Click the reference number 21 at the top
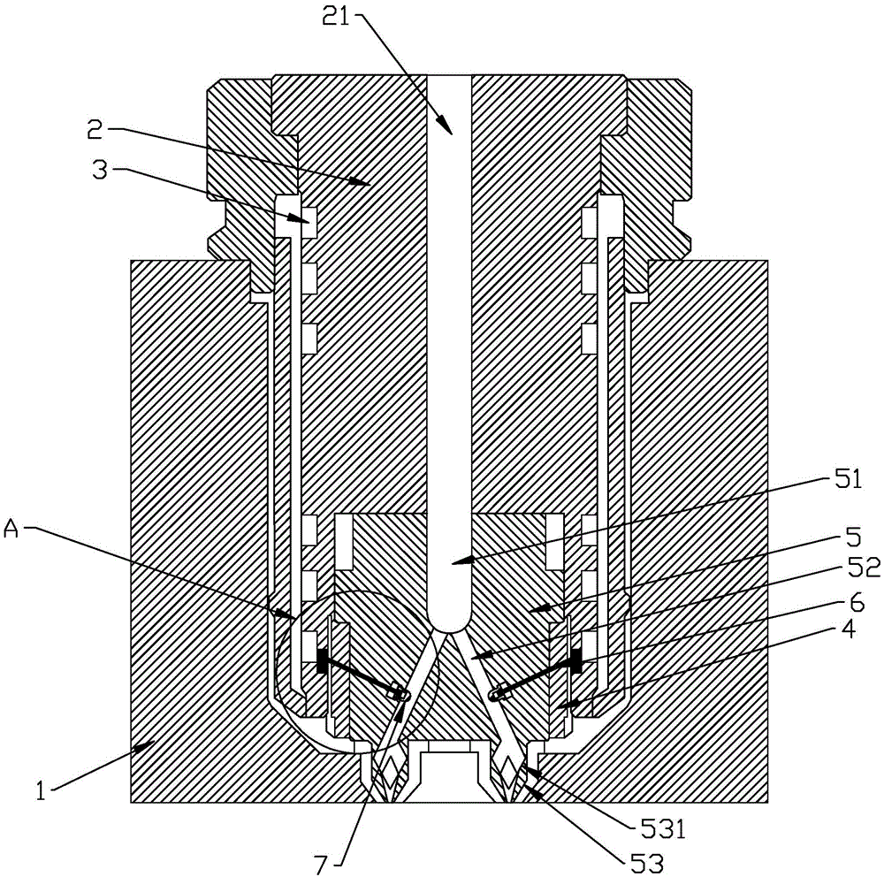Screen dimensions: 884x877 (336, 17)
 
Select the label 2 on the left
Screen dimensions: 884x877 (95, 130)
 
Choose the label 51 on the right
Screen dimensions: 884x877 (849, 481)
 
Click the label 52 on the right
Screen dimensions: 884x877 (866, 568)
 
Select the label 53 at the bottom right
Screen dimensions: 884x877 (648, 863)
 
